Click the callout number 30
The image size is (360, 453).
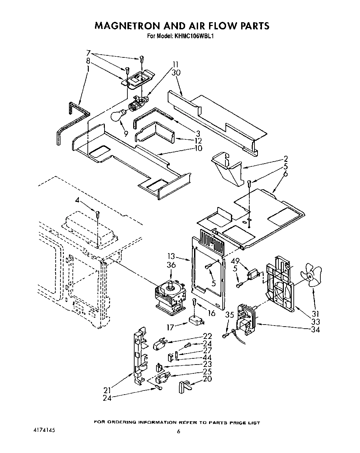pos(177,72)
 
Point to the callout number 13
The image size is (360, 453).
pos(171,256)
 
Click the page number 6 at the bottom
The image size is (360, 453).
pos(178,431)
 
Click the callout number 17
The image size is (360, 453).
pos(171,327)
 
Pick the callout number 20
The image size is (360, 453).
pos(207,379)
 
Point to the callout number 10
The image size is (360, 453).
pos(198,148)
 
